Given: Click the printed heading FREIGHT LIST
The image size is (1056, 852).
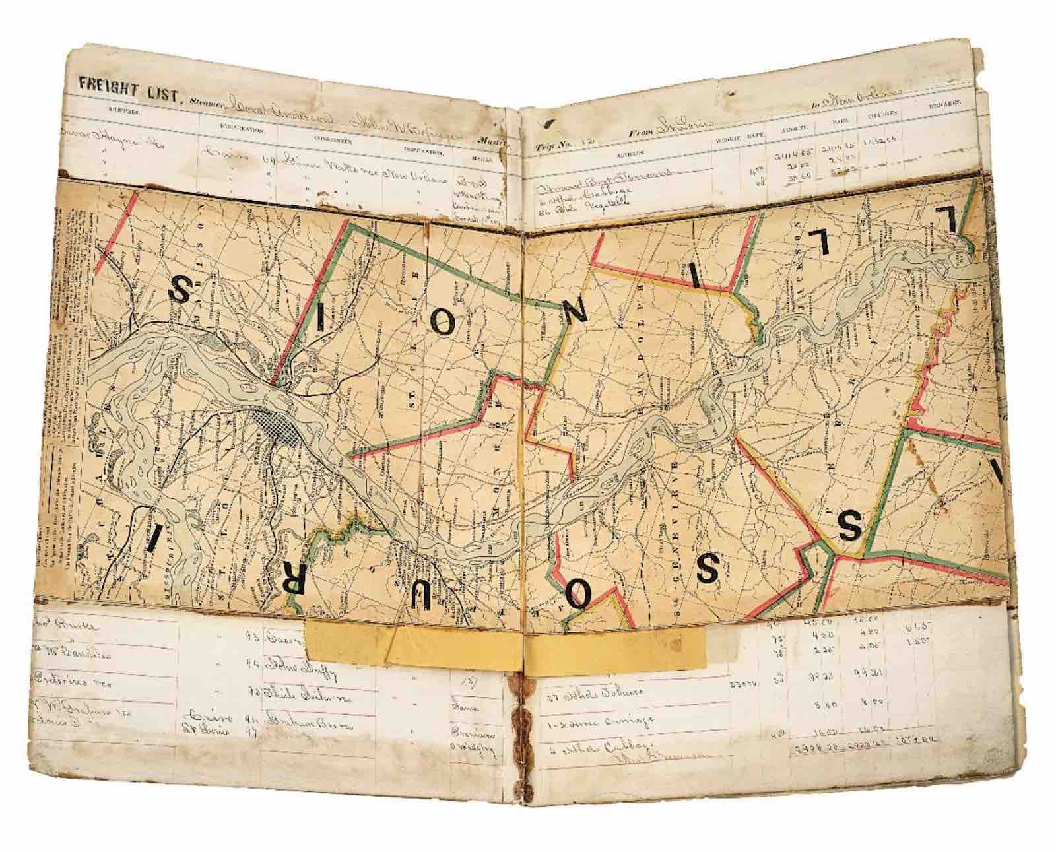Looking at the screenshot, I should coord(126,85).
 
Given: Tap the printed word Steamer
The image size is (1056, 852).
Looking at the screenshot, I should coord(205,102).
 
